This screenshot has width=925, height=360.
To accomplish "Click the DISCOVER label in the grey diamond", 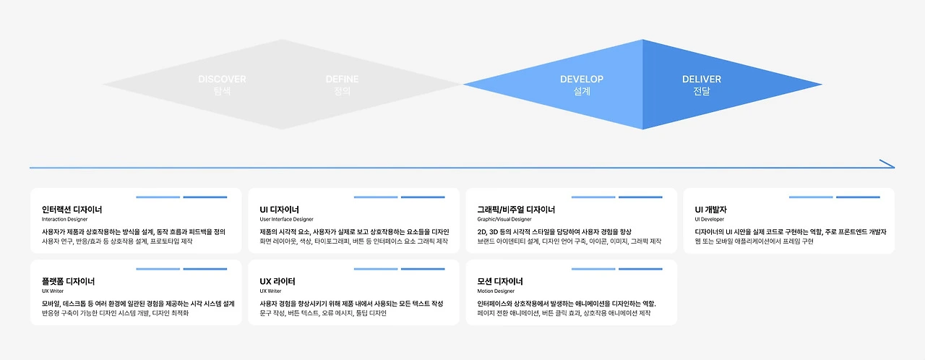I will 222,79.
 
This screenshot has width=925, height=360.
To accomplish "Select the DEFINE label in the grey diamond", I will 342,79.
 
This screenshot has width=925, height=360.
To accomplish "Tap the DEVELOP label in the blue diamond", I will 582,79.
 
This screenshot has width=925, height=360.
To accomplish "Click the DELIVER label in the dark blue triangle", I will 702,79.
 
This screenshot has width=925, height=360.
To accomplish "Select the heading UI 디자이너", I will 280,210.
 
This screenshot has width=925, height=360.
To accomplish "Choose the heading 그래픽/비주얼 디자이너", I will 516,210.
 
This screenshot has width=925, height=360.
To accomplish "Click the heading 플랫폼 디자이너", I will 68,281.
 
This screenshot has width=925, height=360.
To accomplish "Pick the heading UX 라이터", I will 277,281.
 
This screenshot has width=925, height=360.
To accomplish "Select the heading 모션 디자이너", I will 500,281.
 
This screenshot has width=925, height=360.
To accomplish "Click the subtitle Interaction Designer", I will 64,219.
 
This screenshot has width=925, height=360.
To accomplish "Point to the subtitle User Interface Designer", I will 287,219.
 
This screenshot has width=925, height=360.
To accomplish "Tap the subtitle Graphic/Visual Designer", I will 504,219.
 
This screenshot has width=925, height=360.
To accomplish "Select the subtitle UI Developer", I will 709,219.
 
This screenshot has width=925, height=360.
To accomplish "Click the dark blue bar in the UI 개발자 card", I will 858,197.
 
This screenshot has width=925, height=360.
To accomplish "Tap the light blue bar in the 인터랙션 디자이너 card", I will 158,197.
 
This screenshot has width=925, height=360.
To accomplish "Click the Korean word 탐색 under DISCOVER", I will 222,92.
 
